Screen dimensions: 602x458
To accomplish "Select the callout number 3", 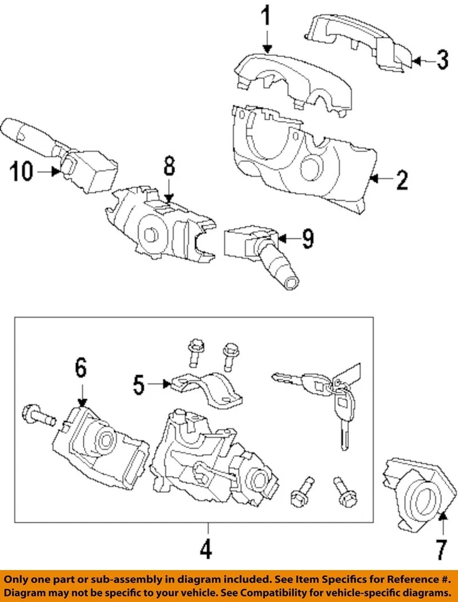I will tap(442, 60).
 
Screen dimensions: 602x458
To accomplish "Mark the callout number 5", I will tap(139, 384).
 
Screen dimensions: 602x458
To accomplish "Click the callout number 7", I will tap(442, 550).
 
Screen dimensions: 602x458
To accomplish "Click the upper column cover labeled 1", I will tap(295, 78).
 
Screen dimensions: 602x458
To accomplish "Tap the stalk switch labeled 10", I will tap(63, 150).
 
